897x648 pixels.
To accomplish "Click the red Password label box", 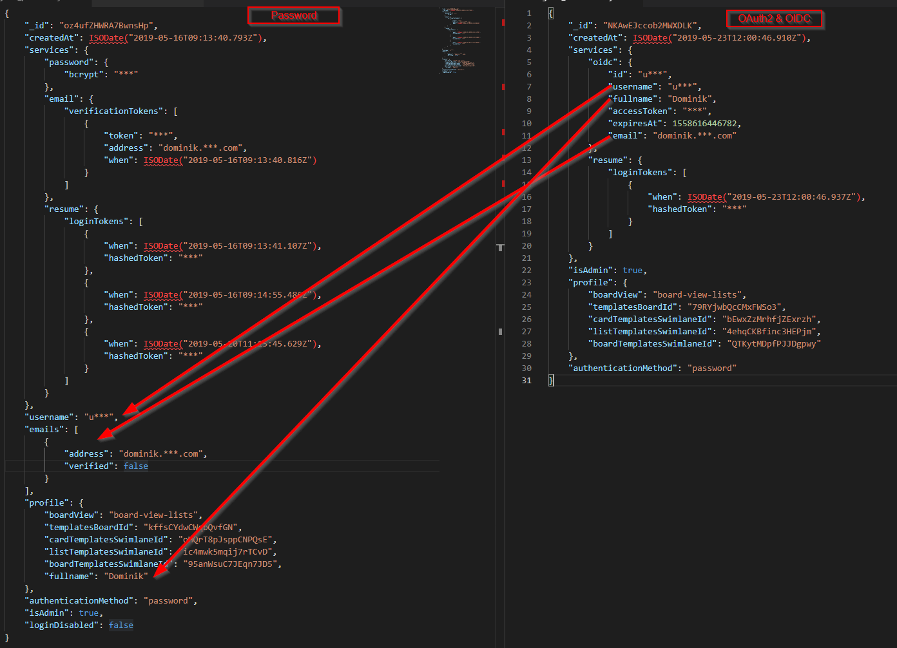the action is click(294, 15).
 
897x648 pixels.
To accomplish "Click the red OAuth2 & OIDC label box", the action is click(775, 19).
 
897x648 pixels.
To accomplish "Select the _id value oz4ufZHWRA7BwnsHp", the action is click(108, 26).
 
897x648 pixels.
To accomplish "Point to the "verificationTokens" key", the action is click(113, 111).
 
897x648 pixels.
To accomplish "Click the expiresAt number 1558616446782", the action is click(706, 124).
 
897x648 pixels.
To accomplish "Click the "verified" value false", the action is click(136, 466).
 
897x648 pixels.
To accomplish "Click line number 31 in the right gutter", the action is click(526, 381).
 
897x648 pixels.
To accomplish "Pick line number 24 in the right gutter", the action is click(526, 295).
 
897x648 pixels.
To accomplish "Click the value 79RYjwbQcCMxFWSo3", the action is click(735, 307).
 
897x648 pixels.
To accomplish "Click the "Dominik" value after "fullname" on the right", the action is click(690, 99).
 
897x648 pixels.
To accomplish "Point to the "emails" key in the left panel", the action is click(45, 430).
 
